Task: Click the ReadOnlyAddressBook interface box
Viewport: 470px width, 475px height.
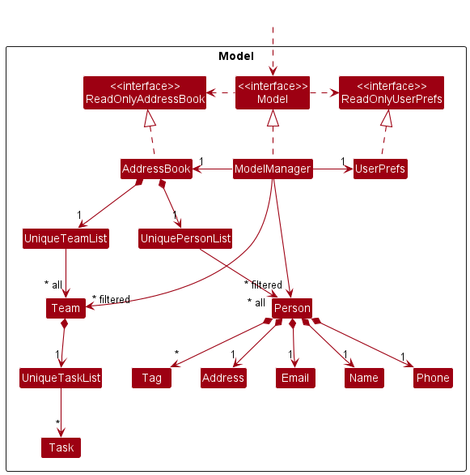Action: tap(145, 92)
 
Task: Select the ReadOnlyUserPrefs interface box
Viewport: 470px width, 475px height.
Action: tap(392, 92)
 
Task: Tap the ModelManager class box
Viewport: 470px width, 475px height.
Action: tap(273, 169)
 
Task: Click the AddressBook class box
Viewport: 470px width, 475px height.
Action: tap(156, 169)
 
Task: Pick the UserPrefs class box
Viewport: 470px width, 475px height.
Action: tap(380, 169)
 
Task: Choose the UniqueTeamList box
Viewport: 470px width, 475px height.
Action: tap(66, 238)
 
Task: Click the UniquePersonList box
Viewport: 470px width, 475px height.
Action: tap(185, 238)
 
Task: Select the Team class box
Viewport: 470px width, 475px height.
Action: tap(66, 308)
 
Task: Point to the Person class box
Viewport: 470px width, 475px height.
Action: tap(292, 308)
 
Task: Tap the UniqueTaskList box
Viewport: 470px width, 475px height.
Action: tap(61, 378)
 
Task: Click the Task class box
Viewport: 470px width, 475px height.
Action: tap(61, 447)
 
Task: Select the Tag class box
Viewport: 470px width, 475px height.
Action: tap(151, 378)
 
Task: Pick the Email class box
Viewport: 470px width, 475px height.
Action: tap(295, 378)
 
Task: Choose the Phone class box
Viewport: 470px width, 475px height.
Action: tap(433, 378)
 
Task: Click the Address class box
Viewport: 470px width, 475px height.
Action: tap(223, 378)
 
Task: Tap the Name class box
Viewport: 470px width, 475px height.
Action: tap(364, 378)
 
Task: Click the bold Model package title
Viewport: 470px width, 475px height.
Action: tap(236, 56)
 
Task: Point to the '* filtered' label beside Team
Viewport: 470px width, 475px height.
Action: tap(111, 299)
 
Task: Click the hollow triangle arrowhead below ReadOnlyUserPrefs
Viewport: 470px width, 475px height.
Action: tap(387, 118)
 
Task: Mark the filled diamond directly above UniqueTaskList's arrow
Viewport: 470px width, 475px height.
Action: tap(64, 323)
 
